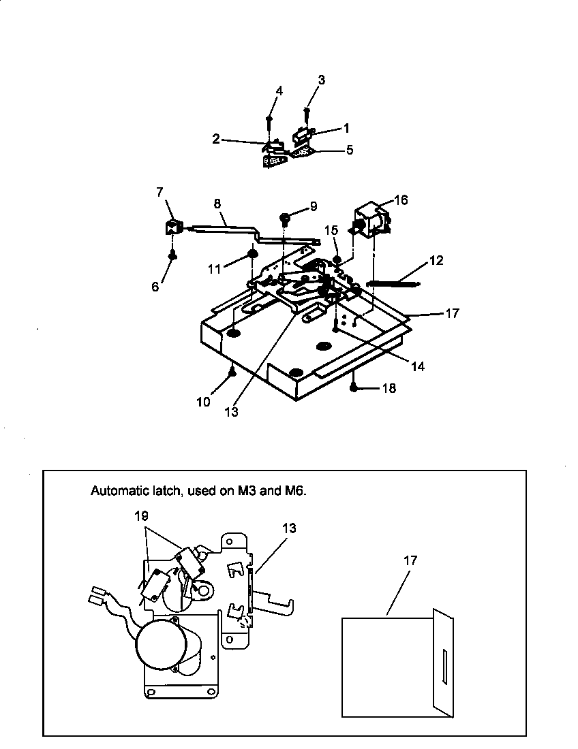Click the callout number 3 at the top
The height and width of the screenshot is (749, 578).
pos(321,80)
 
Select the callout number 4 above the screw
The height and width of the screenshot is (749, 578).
pos(279,91)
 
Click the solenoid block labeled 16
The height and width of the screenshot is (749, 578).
pos(372,219)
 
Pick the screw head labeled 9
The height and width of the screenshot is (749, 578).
pos(286,219)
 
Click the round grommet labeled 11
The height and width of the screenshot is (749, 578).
pos(252,254)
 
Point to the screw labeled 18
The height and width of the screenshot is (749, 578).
pos(354,387)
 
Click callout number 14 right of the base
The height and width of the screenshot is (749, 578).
pos(418,366)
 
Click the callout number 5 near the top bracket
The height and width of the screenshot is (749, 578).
pos(349,150)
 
